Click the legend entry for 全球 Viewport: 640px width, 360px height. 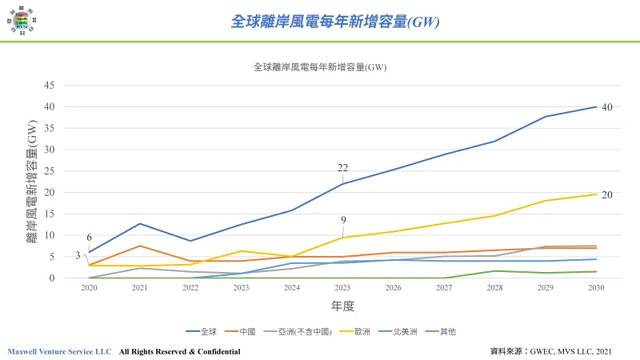coord(205,330)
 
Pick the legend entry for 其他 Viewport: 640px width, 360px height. coord(466,330)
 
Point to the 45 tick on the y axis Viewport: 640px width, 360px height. coord(49,85)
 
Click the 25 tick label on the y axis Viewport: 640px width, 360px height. coord(49,170)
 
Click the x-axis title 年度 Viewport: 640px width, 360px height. coord(342,306)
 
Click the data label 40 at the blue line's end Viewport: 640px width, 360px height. coord(607,106)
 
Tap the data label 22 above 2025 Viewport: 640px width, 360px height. coord(343,168)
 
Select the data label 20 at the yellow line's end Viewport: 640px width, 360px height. coord(607,194)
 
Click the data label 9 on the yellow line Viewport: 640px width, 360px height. coord(343,221)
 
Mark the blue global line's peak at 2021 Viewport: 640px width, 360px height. coord(139,223)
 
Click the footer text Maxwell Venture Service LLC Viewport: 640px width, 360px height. coord(60,351)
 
